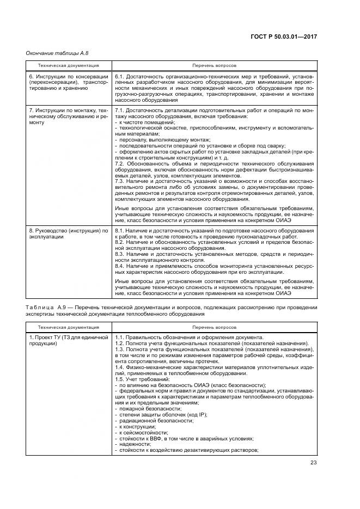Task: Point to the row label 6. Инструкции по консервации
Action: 65,76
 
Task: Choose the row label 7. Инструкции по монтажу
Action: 65,111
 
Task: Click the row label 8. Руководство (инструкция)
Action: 65,231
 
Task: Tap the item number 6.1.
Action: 120,76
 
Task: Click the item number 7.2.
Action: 120,163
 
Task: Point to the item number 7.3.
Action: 120,181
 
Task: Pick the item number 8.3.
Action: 120,254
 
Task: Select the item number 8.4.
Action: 120,266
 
